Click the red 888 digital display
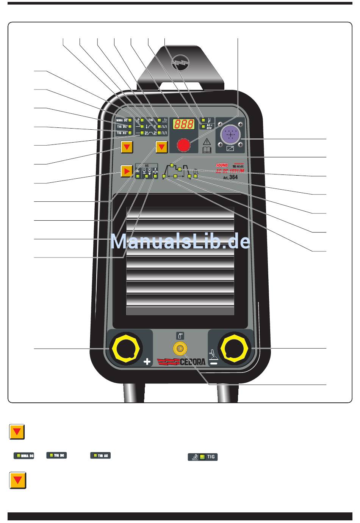click(x=184, y=124)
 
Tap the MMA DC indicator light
click(x=130, y=120)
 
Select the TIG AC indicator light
click(x=130, y=133)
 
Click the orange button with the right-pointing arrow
click(x=127, y=171)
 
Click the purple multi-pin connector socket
click(x=230, y=135)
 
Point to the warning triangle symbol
click(x=207, y=142)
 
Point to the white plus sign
click(x=147, y=362)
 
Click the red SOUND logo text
click(x=222, y=165)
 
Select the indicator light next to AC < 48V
click(x=203, y=126)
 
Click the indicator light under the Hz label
click(x=138, y=176)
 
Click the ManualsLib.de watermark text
click(x=180, y=242)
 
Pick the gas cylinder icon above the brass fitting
click(x=180, y=335)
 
